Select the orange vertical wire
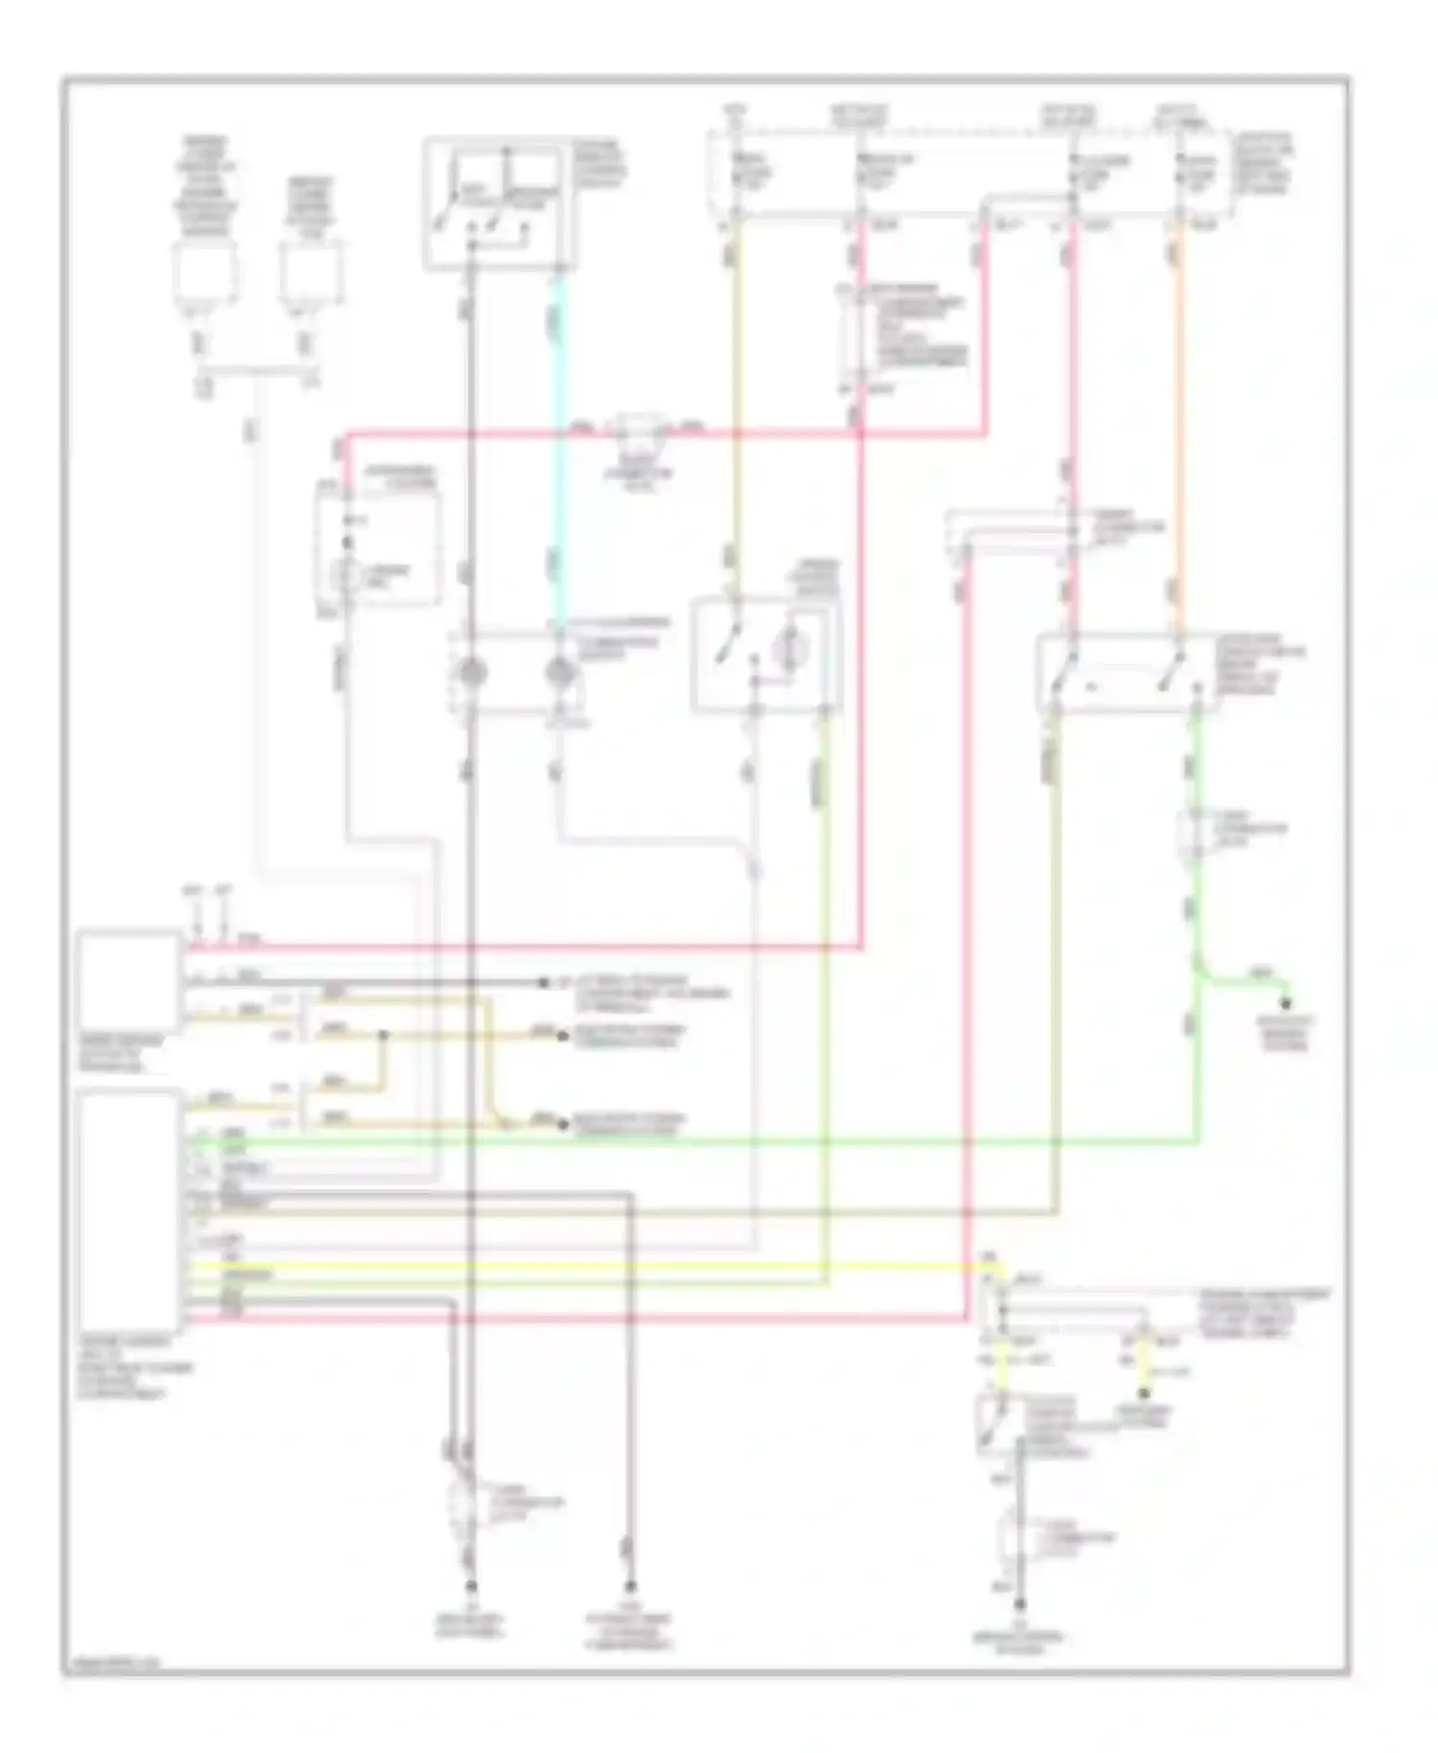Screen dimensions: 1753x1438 click(x=1178, y=432)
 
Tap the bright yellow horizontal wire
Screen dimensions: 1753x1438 click(x=575, y=1267)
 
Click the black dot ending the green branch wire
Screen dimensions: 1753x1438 click(x=1287, y=1003)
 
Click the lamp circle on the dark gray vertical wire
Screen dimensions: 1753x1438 click(x=471, y=672)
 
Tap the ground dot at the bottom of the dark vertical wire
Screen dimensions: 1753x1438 click(x=471, y=1586)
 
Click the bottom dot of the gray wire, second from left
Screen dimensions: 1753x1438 click(x=631, y=1586)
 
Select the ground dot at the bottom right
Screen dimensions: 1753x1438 click(x=1022, y=1603)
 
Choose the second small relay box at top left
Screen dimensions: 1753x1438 click(x=310, y=273)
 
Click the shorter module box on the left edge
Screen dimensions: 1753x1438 click(x=129, y=980)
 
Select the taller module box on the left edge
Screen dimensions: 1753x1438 click(x=129, y=1208)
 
